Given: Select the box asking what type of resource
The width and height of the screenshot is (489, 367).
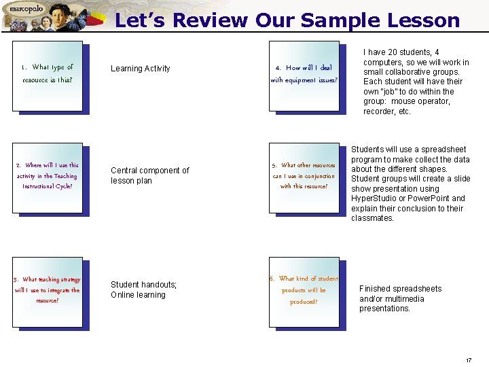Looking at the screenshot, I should point(48,74).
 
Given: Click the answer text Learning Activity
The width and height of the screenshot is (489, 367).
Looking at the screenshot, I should point(141,69).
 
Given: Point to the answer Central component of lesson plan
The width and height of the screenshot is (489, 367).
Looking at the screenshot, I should point(150,175).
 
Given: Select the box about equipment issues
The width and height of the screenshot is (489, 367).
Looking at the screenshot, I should point(304,74).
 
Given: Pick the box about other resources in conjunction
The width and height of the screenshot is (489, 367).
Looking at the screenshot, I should point(304,176).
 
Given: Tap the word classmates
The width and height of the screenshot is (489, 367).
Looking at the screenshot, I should point(372,218).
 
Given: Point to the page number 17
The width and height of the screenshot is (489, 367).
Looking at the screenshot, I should point(469,360).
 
